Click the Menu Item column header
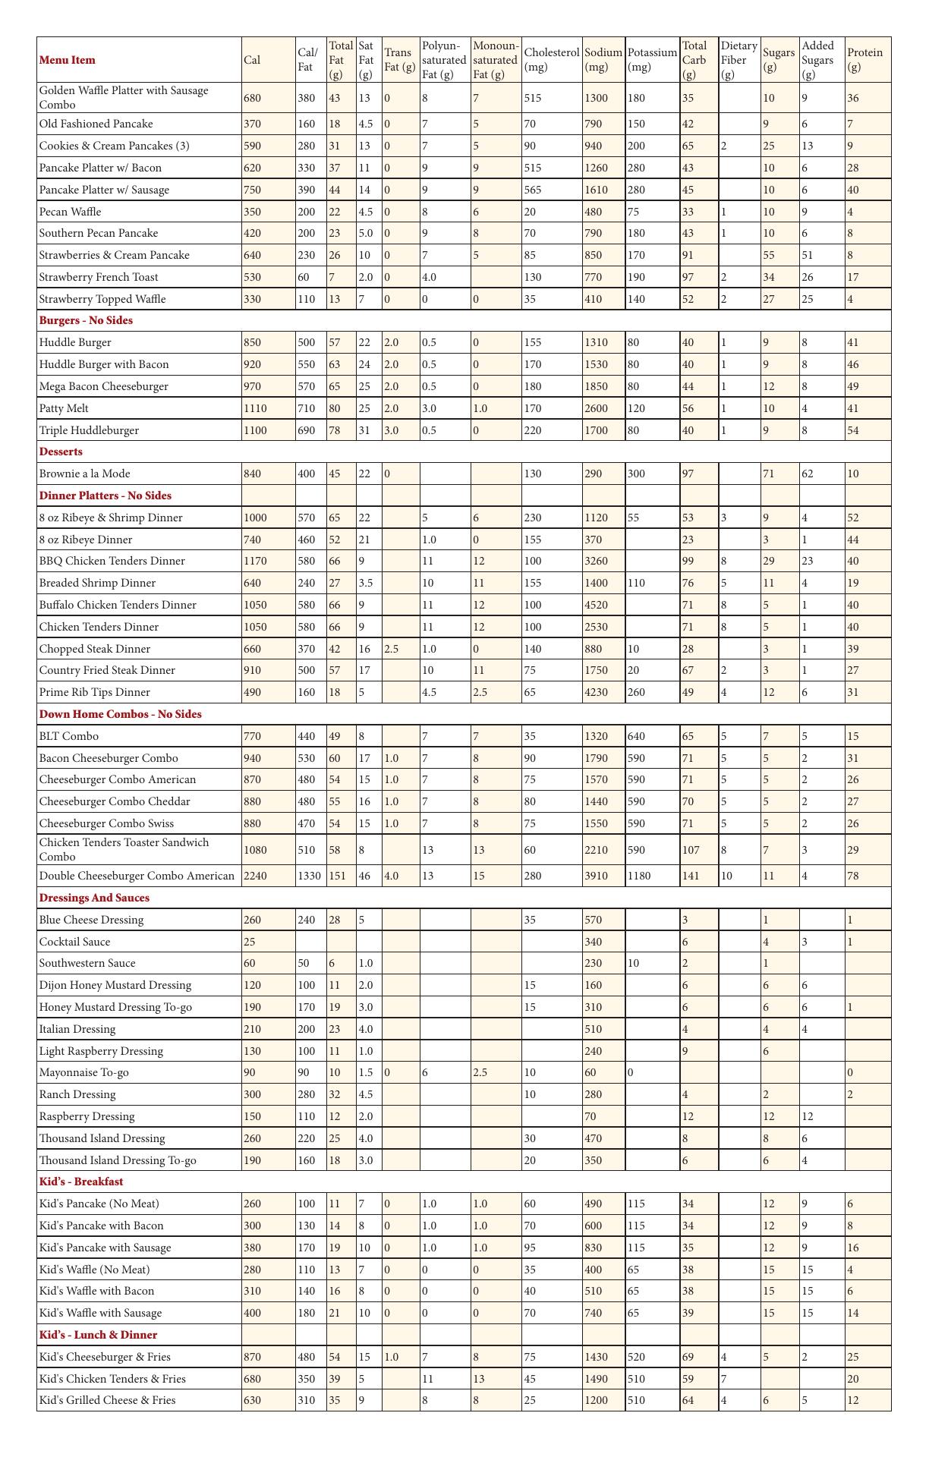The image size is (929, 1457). click(x=68, y=60)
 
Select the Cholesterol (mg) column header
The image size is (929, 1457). click(x=552, y=60)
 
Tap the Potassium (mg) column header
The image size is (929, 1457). click(x=652, y=60)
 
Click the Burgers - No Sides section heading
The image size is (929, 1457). click(x=86, y=320)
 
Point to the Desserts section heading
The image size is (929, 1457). click(x=61, y=452)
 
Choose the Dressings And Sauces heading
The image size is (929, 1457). click(x=94, y=898)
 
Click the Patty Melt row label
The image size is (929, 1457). click(x=64, y=408)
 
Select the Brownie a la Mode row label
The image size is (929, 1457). click(x=84, y=474)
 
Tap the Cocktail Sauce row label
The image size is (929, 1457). click(x=74, y=942)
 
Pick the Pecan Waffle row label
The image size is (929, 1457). click(x=70, y=212)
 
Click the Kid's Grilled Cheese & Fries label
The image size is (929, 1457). click(x=107, y=1400)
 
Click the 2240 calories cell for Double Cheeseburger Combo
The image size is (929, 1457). click(x=255, y=876)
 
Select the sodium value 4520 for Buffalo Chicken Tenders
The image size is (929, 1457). click(x=597, y=605)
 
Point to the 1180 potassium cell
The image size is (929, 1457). click(x=641, y=876)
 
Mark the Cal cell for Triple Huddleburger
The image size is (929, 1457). click(x=255, y=430)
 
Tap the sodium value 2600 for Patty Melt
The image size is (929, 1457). click(x=597, y=408)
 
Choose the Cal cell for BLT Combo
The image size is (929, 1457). click(x=252, y=736)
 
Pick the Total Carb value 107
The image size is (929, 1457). click(x=691, y=850)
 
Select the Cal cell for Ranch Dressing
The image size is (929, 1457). click(x=252, y=1094)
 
